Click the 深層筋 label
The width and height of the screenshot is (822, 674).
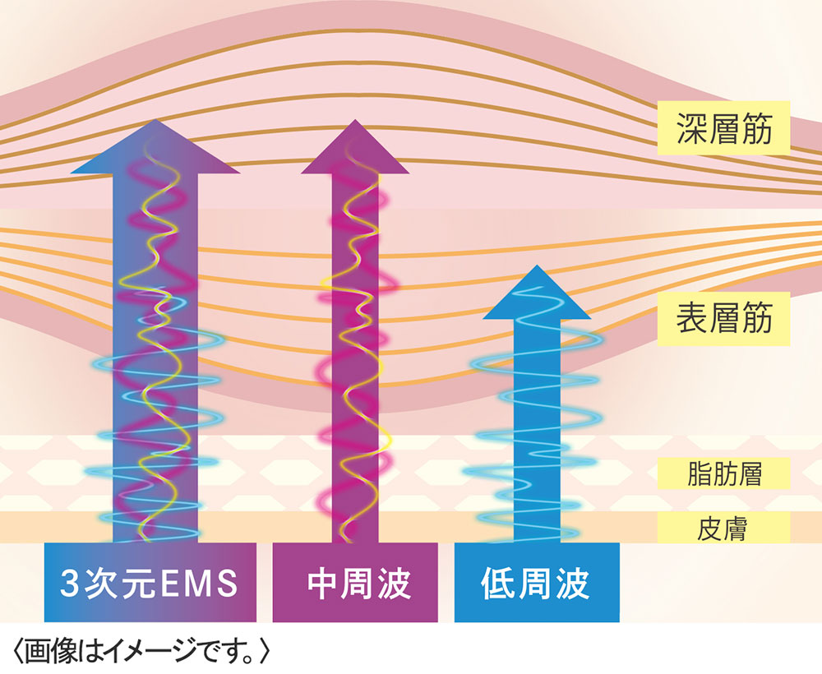[724, 128]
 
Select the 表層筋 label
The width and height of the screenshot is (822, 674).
[724, 319]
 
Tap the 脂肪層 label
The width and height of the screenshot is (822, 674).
[724, 473]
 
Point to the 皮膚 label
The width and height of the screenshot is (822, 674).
[724, 528]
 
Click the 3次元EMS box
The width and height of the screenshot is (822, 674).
[150, 582]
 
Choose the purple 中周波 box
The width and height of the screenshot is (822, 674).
[355, 582]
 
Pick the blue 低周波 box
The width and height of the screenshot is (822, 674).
[537, 582]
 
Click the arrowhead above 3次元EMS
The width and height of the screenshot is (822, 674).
[155, 147]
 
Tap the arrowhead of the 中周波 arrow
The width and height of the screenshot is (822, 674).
[355, 147]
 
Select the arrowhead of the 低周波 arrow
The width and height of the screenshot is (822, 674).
[537, 293]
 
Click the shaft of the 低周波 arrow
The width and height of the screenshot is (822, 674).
[537, 431]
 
